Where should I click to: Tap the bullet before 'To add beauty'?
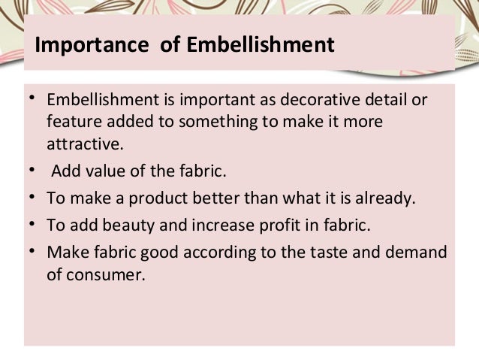33,225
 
